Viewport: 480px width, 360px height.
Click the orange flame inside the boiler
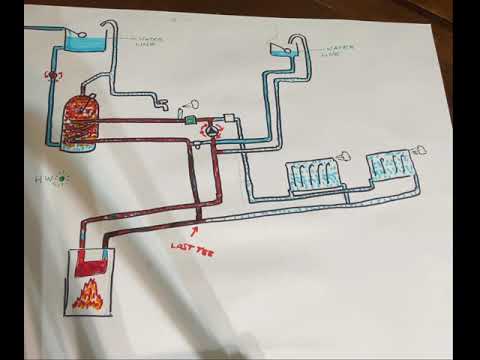pyautogui.click(x=90, y=293)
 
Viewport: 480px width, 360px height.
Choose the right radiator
pyautogui.click(x=390, y=165)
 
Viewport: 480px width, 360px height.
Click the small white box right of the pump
pyautogui.click(x=229, y=118)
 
